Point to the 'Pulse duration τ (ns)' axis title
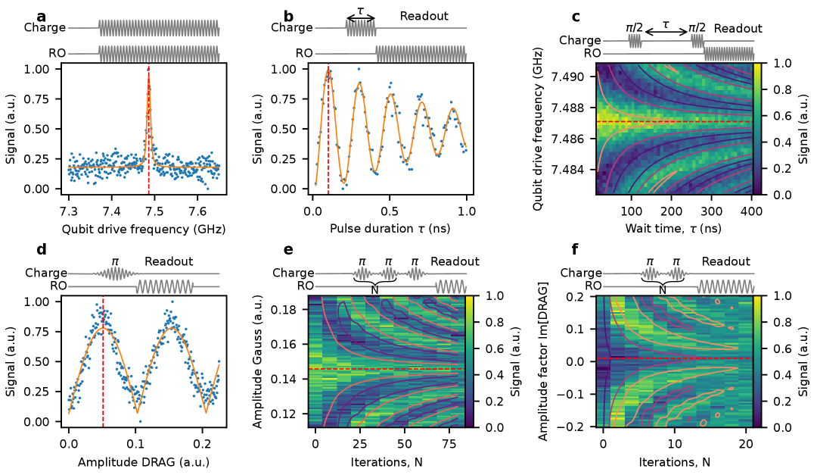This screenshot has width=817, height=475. click(389, 227)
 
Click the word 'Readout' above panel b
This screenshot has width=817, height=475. click(424, 16)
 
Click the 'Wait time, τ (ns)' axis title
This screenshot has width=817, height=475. click(674, 227)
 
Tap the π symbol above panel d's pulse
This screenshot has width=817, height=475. click(115, 261)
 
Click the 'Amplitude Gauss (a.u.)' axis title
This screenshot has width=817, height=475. click(258, 362)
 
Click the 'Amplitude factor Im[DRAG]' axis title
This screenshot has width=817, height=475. click(544, 362)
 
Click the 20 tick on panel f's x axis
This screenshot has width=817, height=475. click(744, 443)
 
